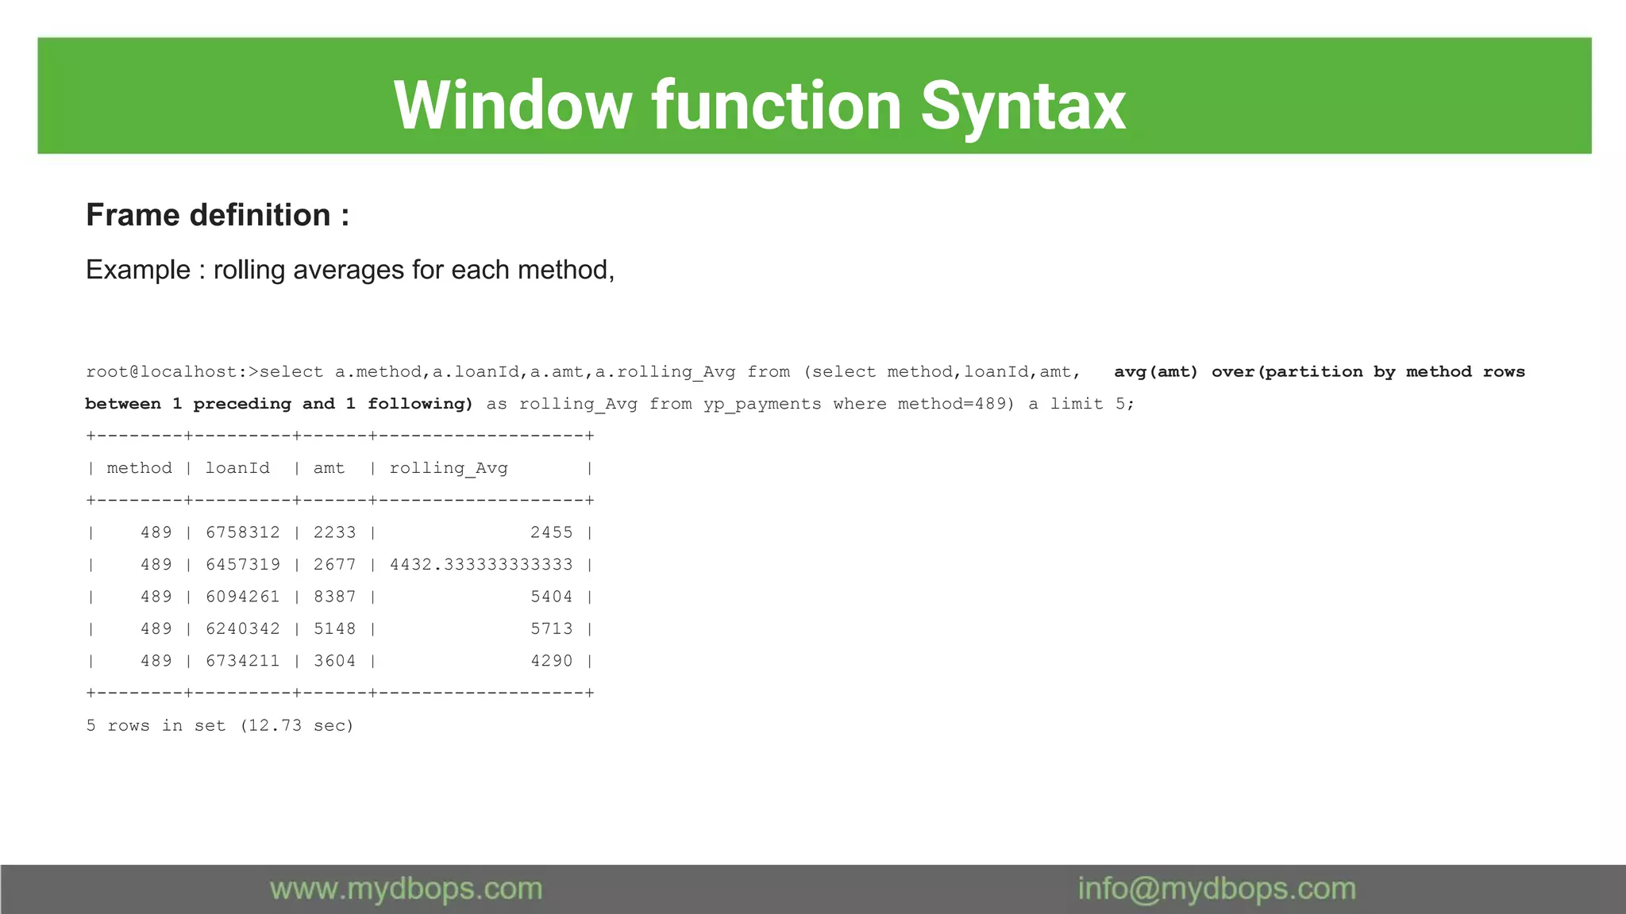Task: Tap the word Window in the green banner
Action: point(512,106)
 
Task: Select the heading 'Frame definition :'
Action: point(218,215)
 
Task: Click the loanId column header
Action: point(237,468)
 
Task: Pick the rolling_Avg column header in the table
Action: point(449,468)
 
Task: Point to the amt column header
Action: point(329,468)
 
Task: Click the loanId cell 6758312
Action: point(243,532)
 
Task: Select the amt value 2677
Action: point(334,565)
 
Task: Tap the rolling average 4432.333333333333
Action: point(481,565)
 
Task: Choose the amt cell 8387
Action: point(334,597)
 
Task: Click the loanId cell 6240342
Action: point(243,629)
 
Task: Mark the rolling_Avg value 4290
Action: point(552,661)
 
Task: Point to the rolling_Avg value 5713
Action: point(552,629)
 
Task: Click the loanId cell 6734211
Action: point(243,661)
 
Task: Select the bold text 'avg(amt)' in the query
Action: point(1155,372)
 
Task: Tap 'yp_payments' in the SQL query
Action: point(762,404)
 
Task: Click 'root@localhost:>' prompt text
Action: point(172,372)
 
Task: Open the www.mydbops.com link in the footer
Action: point(406,889)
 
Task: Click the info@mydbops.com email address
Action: point(1216,889)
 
